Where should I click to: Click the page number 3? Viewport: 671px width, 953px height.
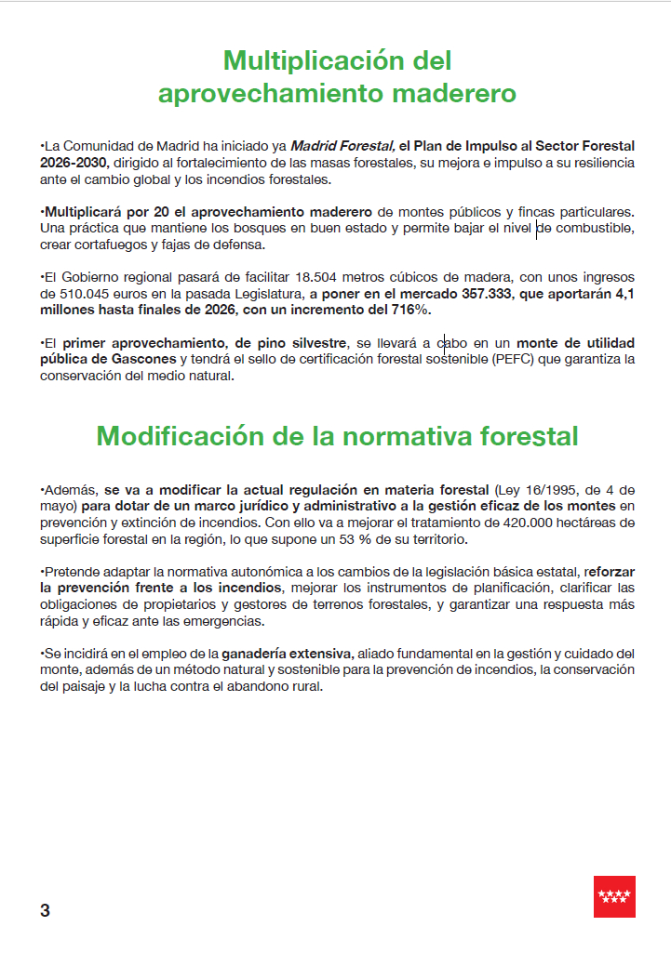[x=46, y=910]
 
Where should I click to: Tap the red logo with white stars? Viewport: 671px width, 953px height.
[x=614, y=896]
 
